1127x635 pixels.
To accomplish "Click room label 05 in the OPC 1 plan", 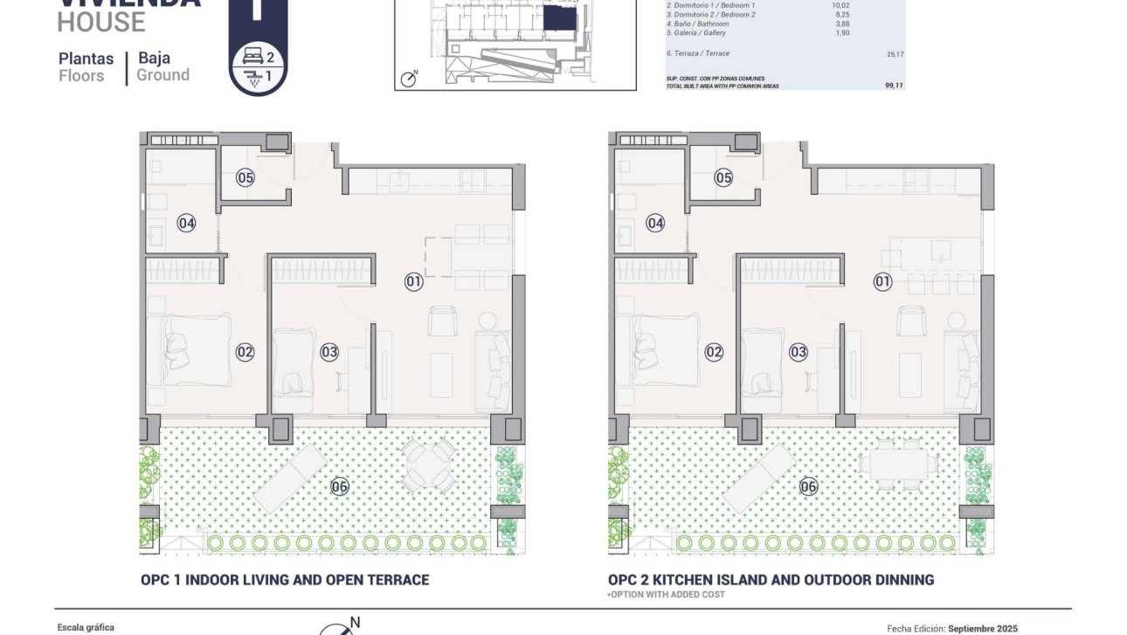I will pos(245,178).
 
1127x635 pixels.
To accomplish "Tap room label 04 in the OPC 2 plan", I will pos(655,224).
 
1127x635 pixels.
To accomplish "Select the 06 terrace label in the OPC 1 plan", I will pos(340,487).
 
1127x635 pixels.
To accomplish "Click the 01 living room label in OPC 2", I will pos(882,281).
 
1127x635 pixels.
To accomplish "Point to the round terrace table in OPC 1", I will pos(428,464).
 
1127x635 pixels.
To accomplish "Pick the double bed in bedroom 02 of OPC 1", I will pos(190,351).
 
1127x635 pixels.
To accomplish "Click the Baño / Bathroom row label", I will pos(697,24).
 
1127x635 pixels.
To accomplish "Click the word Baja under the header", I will pos(154,59).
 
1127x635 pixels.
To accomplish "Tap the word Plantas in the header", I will pos(86,59).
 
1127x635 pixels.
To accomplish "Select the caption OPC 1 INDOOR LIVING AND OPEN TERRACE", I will pos(285,580).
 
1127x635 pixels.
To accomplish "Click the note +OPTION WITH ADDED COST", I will pos(666,595).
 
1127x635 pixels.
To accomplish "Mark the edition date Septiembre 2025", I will pos(983,628).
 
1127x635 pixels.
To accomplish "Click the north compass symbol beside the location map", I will pos(409,79).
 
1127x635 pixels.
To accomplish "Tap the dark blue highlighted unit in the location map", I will pos(558,19).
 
